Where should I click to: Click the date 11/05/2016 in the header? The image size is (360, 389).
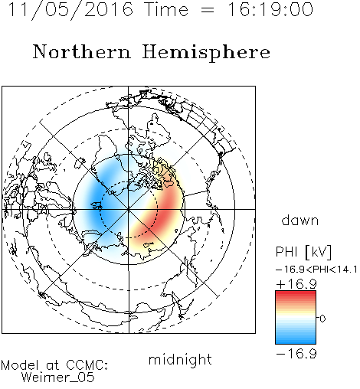click(70, 10)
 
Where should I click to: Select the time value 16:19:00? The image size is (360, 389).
click(270, 9)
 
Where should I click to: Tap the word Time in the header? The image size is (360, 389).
click(166, 9)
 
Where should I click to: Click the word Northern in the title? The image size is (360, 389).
click(81, 51)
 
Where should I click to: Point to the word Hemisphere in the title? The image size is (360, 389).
click(206, 53)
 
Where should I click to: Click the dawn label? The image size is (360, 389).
click(300, 220)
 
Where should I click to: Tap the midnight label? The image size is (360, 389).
click(180, 359)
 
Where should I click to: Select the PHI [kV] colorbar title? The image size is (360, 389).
click(303, 252)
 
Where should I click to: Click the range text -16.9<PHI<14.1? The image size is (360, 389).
click(316, 270)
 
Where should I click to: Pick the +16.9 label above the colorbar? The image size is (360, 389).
click(296, 284)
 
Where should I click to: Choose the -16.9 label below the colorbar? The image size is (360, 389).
click(296, 354)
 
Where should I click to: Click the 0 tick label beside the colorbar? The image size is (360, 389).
click(322, 319)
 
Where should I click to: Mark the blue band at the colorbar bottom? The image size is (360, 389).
click(296, 339)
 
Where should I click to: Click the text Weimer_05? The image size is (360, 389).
click(58, 378)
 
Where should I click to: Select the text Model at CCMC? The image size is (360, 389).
click(54, 365)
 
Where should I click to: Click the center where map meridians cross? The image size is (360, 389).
click(129, 209)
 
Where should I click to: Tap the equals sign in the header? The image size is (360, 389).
click(208, 11)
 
